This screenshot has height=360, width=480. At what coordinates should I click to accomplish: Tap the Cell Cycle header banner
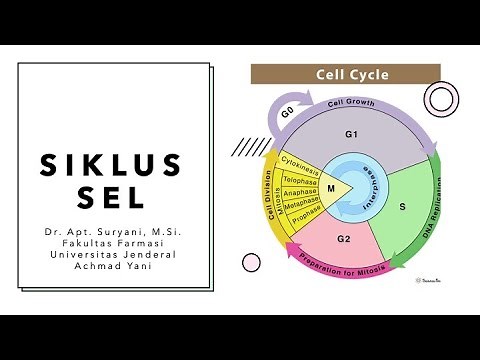(345, 74)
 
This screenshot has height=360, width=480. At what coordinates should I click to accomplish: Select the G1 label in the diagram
(351, 134)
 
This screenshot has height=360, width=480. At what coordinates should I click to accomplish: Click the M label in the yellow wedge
(331, 187)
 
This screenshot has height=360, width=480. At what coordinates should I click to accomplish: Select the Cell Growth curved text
(352, 103)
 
